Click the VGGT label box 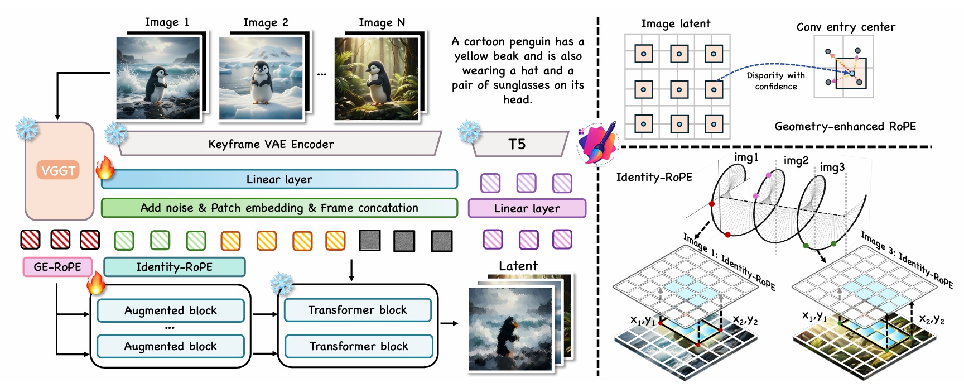pos(58,170)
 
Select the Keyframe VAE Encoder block pos(271,144)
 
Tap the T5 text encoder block pos(517,144)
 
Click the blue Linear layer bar pos(279,179)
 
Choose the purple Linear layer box pos(527,208)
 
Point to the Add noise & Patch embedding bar pos(279,208)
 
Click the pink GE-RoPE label pos(57,267)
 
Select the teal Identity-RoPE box pos(174,267)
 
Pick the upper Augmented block pos(171,310)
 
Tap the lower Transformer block pos(359,346)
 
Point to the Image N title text pos(382,22)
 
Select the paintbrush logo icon pos(597,143)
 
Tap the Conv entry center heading pos(846,27)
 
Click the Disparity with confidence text pos(775,80)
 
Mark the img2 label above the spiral pos(796,161)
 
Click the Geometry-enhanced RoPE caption pos(845,126)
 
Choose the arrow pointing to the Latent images pos(449,323)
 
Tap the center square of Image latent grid pos(678,89)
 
